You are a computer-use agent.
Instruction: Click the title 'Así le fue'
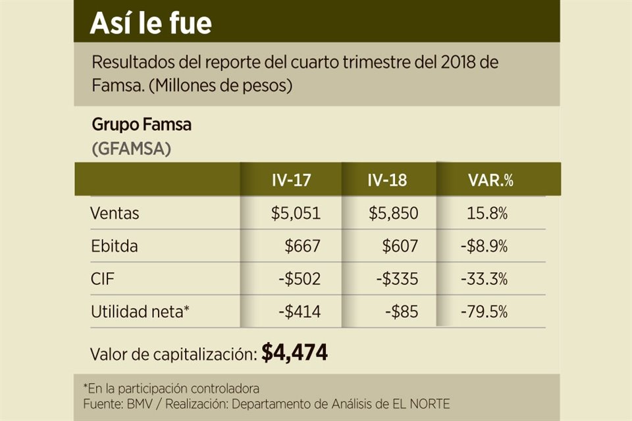151,24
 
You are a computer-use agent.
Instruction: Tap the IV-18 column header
388,180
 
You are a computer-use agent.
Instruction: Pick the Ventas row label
115,213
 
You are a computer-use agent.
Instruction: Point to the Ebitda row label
115,246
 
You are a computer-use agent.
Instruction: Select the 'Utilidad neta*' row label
140,311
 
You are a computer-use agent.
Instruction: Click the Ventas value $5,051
296,213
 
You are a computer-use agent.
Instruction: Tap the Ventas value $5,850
394,213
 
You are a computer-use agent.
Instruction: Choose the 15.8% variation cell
488,213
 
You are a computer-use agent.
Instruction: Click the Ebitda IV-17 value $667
302,246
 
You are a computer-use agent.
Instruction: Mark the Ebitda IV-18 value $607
400,246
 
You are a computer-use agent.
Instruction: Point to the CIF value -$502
299,279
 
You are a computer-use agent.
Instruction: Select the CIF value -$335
397,279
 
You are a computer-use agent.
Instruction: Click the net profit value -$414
299,311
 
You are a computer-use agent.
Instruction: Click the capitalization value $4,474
294,353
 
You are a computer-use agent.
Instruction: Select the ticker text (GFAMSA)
131,149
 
